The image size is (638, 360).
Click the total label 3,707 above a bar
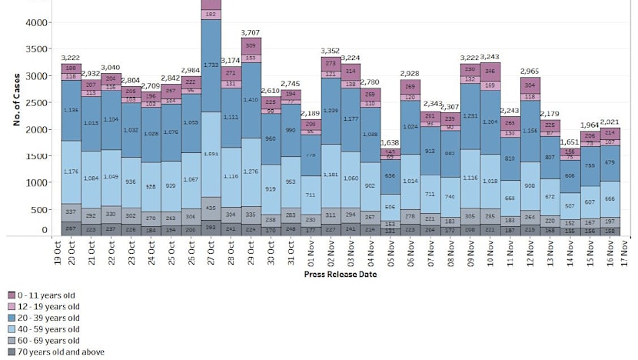[x=251, y=33]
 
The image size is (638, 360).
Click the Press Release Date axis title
[x=341, y=274]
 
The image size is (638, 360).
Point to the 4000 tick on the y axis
[x=35, y=23]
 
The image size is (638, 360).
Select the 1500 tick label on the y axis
[x=35, y=157]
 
